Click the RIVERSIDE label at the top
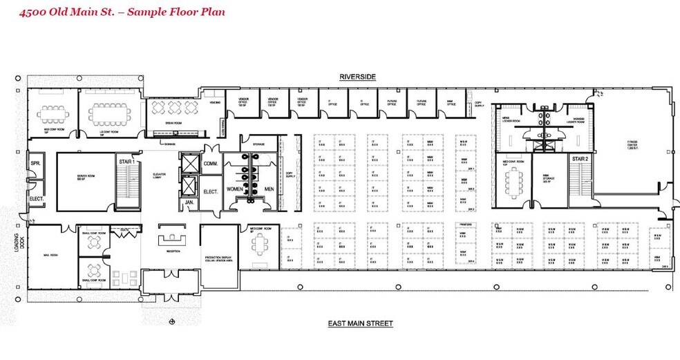(x=357, y=77)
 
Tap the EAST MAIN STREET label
(x=360, y=323)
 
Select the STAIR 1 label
(x=125, y=161)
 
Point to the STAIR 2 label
(x=580, y=159)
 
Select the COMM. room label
(x=211, y=164)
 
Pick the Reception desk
(x=170, y=238)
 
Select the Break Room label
(x=173, y=122)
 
